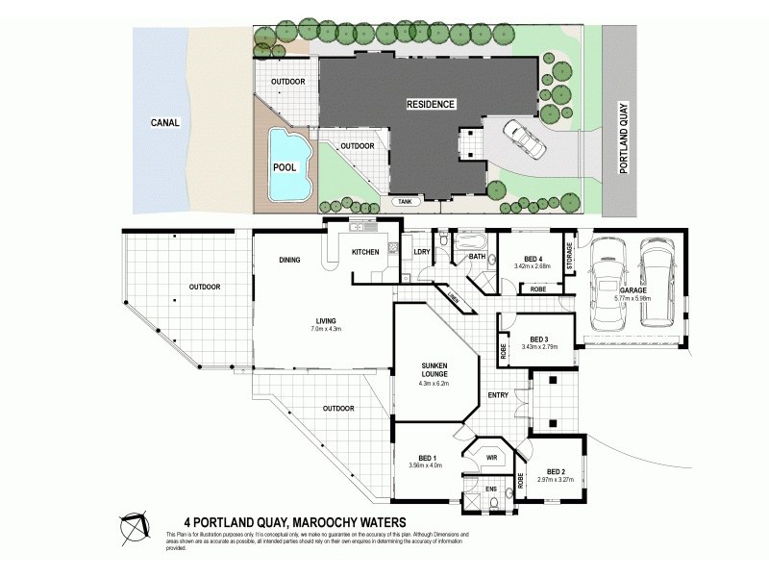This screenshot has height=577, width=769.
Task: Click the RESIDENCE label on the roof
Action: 429,103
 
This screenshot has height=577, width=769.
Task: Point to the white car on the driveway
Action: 522,139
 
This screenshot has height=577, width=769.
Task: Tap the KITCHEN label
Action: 366,252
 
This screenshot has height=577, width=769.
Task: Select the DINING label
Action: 290,260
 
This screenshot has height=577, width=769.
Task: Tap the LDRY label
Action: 420,252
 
